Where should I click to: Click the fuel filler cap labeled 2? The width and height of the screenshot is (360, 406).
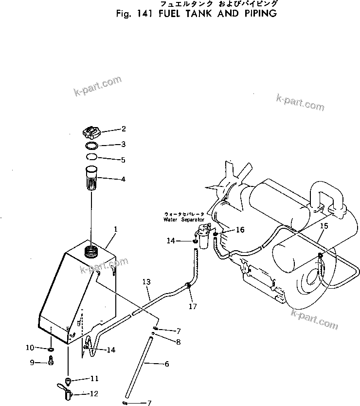coord(91,132)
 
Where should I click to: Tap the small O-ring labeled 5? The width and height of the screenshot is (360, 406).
coord(91,157)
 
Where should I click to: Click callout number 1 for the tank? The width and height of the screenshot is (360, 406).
coord(116,229)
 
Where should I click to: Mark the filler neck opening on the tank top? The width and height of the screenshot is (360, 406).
coord(91,251)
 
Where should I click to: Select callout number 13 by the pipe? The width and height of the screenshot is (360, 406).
coord(146,282)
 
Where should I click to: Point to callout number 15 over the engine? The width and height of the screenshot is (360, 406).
coord(324,226)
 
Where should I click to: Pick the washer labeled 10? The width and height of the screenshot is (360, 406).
coord(51,349)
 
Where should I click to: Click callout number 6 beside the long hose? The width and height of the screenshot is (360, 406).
coord(167,364)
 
